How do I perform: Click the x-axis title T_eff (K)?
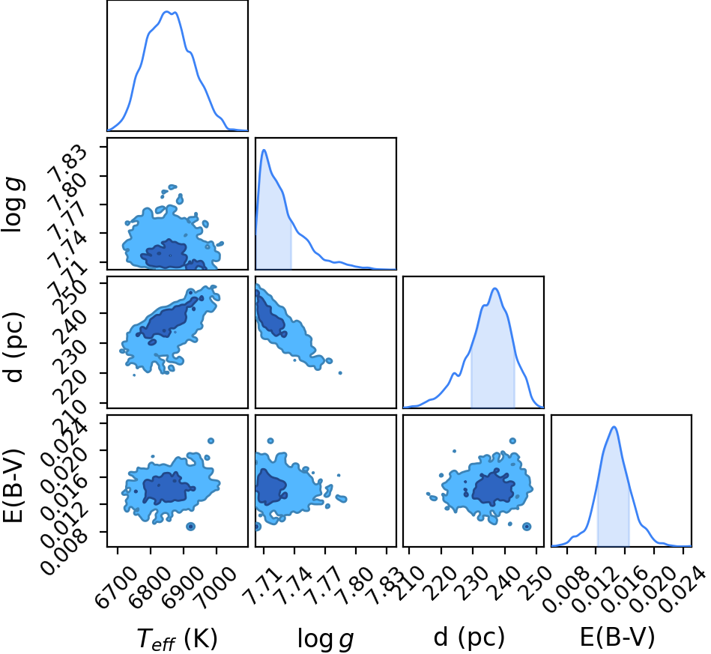pyautogui.click(x=178, y=638)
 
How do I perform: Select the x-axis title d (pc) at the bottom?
pyautogui.click(x=469, y=638)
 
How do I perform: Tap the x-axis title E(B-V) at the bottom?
pyautogui.click(x=617, y=638)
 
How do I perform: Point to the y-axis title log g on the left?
pyautogui.click(x=13, y=205)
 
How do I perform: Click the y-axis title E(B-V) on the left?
pyautogui.click(x=13, y=485)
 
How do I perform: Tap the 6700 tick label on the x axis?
pyautogui.click(x=117, y=587)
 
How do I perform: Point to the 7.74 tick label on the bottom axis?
pyautogui.click(x=294, y=586)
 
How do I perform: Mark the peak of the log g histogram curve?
pyautogui.click(x=264, y=150)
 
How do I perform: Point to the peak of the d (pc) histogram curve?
pyautogui.click(x=494, y=288)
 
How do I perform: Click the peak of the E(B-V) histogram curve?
pyautogui.click(x=614, y=427)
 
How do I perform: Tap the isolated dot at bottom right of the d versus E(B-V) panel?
pyautogui.click(x=527, y=527)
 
